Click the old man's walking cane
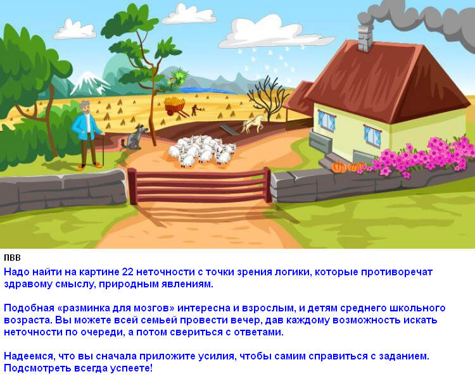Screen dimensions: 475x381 (x=103, y=149)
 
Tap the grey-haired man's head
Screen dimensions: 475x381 (x=85, y=108)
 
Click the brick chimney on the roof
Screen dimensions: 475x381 (x=365, y=39)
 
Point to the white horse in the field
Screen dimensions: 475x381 (x=253, y=124)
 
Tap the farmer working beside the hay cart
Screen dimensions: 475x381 (x=194, y=110)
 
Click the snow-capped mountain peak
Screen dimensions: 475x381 (x=89, y=79)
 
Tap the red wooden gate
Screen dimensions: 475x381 (x=199, y=186)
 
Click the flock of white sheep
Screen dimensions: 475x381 (x=202, y=151)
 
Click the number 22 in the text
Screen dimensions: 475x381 (x=127, y=272)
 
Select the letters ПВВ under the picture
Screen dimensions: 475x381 (x=12, y=258)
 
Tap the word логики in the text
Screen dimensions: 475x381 (x=293, y=272)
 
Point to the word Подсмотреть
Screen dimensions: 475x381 (x=36, y=368)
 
